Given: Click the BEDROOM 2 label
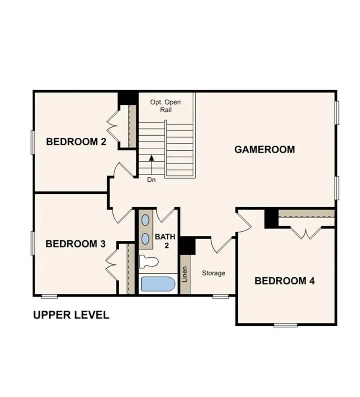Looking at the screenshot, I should pos(76,142).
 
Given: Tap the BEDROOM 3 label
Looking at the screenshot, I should pos(76,244).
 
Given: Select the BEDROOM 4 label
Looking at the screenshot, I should pos(284,281).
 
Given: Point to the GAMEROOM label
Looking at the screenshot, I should pos(264,149).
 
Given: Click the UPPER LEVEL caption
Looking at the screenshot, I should pos(71,315).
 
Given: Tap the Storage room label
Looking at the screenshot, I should pos(213,273).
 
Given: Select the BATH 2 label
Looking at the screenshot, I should pos(162,240).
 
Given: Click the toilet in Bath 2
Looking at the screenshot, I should pos(148,262).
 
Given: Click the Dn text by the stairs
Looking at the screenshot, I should pos(151,180).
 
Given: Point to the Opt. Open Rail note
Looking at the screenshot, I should pos(165,106).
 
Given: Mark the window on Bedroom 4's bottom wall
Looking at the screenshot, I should pos(285,325).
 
